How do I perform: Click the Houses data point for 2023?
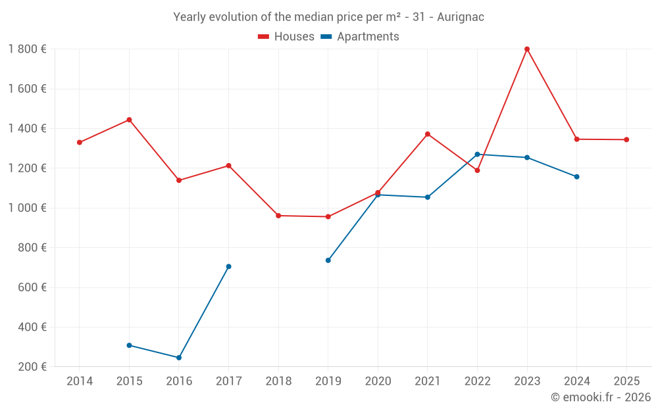click(x=527, y=49)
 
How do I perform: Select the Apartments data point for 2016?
click(x=179, y=358)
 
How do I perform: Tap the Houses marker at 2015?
click(x=129, y=120)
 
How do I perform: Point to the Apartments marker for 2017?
click(x=228, y=266)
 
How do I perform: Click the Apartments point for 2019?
click(x=328, y=260)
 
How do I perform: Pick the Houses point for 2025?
click(x=626, y=139)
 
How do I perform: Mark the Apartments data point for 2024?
click(x=576, y=177)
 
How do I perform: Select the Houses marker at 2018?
click(x=278, y=216)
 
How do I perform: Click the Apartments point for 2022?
click(x=477, y=155)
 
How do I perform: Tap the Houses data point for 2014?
click(x=80, y=143)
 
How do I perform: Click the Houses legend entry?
click(x=286, y=37)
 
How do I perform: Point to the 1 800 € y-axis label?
click(x=27, y=49)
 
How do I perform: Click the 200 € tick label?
click(x=32, y=367)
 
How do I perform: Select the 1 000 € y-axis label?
click(x=27, y=208)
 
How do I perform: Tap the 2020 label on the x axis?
click(x=378, y=381)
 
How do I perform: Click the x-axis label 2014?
click(x=80, y=381)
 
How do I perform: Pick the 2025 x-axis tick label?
click(x=626, y=381)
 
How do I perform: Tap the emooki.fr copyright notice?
click(x=601, y=397)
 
